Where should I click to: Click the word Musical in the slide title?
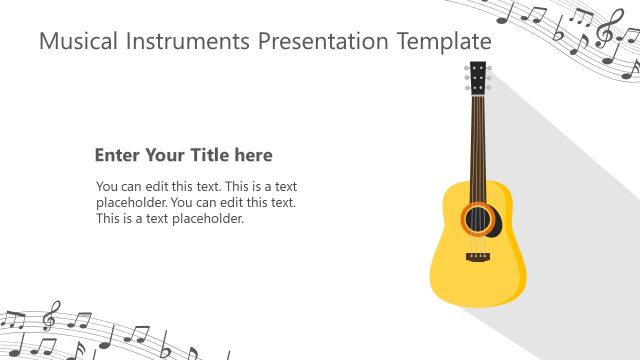click(x=72, y=42)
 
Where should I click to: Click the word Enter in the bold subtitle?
click(x=115, y=155)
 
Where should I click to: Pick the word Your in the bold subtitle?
click(x=163, y=155)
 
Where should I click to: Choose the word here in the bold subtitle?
click(x=252, y=155)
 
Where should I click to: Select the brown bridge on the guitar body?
click(x=479, y=258)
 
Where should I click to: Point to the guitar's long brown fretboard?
click(x=479, y=140)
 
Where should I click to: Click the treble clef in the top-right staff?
click(x=605, y=31)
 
